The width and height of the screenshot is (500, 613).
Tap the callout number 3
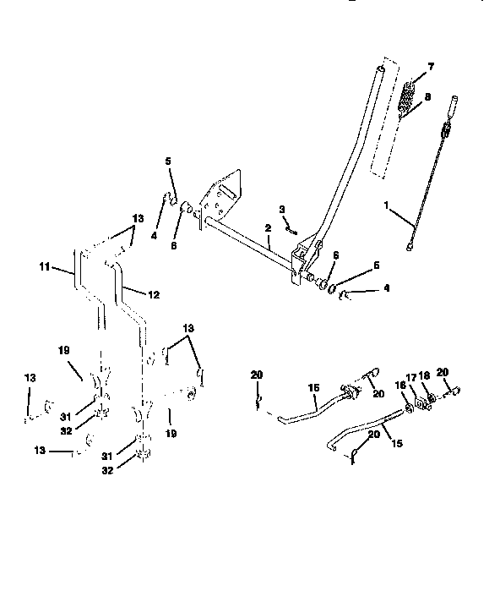point(281,209)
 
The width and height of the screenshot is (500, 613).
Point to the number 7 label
point(431,66)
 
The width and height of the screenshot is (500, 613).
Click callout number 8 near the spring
point(427,97)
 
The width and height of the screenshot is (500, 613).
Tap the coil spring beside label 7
point(407,96)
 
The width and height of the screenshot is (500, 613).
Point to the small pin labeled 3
point(290,227)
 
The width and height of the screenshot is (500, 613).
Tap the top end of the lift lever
point(382,68)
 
